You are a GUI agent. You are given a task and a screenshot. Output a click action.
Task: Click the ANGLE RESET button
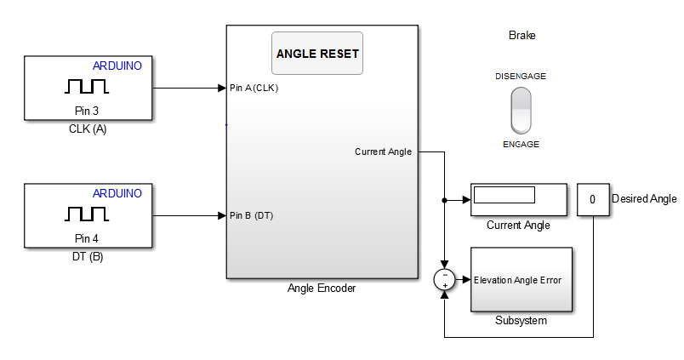click(x=317, y=54)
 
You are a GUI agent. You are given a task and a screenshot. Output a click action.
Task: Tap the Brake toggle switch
click(x=520, y=110)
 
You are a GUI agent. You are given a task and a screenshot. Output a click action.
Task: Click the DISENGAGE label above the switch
click(x=520, y=76)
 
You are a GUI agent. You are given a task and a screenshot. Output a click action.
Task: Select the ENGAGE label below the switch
click(x=521, y=145)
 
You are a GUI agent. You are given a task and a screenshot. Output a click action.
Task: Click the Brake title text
click(x=522, y=36)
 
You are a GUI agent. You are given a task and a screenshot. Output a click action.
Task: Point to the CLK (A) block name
click(x=87, y=130)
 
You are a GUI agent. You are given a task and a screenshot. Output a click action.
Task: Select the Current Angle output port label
click(x=383, y=152)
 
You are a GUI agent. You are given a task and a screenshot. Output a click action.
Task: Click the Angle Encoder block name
click(x=322, y=289)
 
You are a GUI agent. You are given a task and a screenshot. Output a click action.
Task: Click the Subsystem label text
click(x=521, y=321)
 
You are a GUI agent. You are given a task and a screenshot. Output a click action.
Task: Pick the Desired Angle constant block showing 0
click(x=592, y=200)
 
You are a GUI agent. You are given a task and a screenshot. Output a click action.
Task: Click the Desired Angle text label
click(x=644, y=199)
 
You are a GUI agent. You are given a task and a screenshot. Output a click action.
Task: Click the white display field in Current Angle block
click(x=504, y=195)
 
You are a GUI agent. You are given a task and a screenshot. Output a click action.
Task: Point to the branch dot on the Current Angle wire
click(x=445, y=200)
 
